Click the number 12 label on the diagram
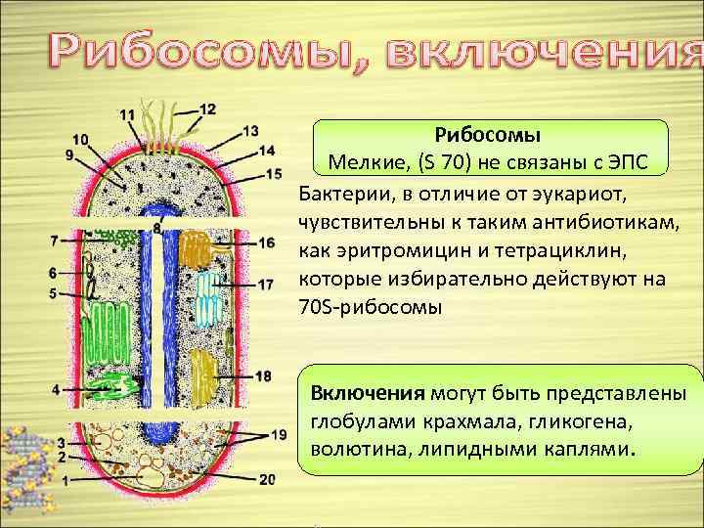click(x=207, y=108)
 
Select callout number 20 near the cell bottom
click(x=267, y=478)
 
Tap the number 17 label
click(x=266, y=285)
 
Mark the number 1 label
click(x=65, y=480)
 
